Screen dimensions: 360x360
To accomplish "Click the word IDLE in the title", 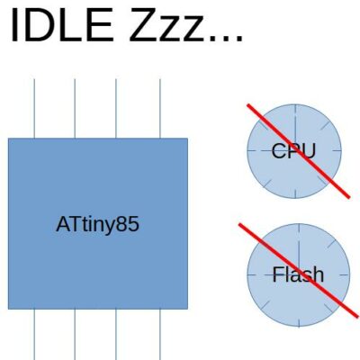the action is (62, 24).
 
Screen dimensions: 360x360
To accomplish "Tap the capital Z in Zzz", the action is (143, 24).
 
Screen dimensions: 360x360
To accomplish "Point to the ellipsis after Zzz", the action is (226, 39).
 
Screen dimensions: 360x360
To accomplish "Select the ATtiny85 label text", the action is (97, 224).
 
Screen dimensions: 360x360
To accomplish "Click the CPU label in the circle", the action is (293, 150).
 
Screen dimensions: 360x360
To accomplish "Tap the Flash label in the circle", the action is (298, 274).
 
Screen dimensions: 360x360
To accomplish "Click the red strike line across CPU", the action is (299, 151).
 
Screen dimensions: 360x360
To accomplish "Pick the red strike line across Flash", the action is (299, 270).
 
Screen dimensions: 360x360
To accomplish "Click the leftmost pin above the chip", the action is (34, 109).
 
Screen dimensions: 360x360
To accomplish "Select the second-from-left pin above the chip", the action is (75, 109).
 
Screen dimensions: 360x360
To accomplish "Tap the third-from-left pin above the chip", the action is (116, 109).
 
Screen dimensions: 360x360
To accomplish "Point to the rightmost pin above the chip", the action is (160, 109).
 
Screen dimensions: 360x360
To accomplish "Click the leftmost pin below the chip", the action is (34, 335).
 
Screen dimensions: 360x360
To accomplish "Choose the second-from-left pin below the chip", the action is (75, 335).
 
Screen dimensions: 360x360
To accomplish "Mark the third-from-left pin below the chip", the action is (116, 335).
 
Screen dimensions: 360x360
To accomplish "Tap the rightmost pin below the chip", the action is (160, 335).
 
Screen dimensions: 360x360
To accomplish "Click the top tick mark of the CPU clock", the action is (295, 109).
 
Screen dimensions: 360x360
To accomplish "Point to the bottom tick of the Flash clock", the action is (299, 322).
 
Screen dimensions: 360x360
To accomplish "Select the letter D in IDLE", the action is (39, 24).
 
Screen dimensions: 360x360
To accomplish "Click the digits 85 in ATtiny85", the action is (130, 224).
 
